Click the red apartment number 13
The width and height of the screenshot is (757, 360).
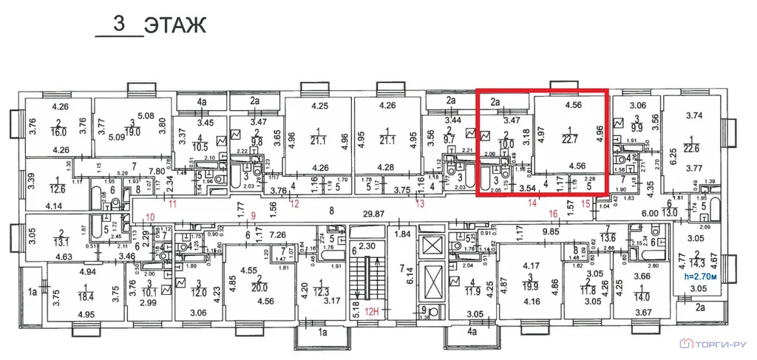420,203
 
